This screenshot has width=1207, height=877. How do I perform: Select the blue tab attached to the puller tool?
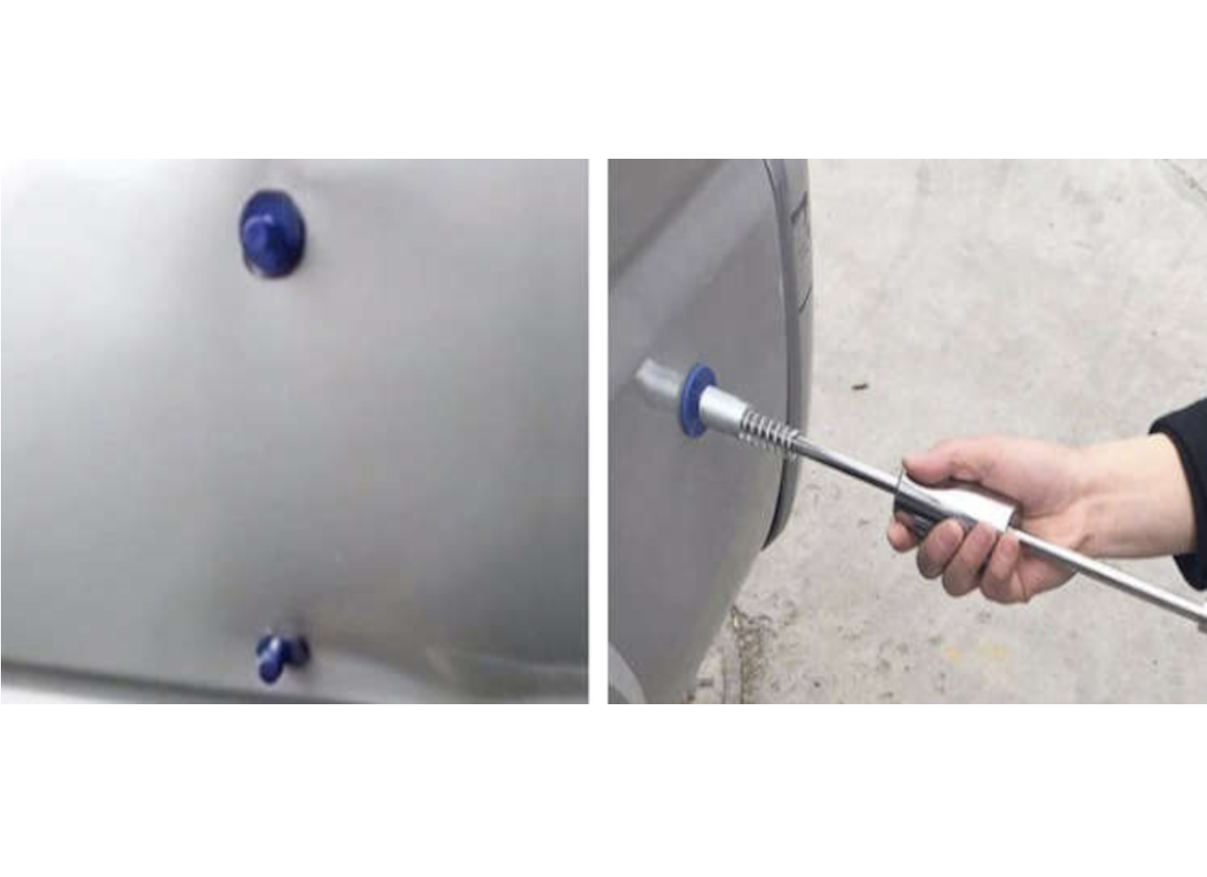[x=695, y=400]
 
